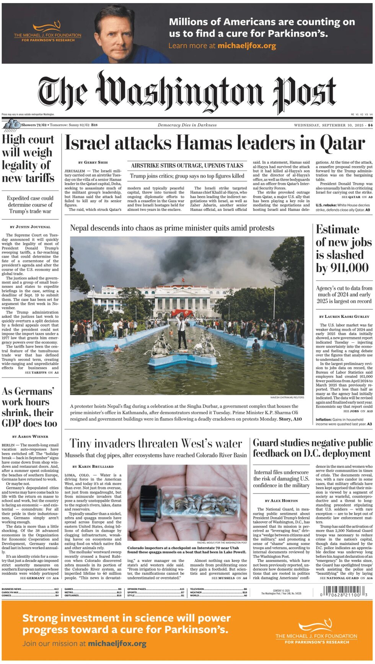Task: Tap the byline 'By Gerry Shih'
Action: (93, 162)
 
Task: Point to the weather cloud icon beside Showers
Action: (11, 124)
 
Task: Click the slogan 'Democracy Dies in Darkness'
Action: (187, 125)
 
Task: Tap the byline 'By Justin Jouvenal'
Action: (30, 227)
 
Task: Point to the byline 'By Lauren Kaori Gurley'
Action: (344, 316)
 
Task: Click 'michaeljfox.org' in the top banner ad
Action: (247, 46)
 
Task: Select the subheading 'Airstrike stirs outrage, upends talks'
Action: (187, 166)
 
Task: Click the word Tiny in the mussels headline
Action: (80, 444)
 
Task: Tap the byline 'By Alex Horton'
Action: (281, 500)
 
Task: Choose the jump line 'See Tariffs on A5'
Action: (42, 372)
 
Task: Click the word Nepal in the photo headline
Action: (79, 228)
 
